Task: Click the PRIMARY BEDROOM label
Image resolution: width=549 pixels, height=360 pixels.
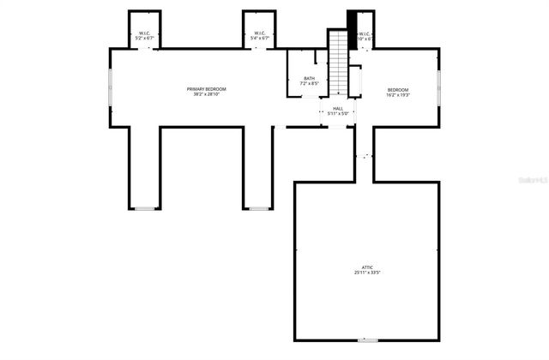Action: (207, 89)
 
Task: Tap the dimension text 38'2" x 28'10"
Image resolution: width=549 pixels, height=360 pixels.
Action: (207, 94)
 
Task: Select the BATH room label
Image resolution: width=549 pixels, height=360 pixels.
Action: (309, 78)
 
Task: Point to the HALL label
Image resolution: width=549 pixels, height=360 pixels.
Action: (337, 108)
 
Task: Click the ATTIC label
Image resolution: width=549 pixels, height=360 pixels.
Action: (366, 267)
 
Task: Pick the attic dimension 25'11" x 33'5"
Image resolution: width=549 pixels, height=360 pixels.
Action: (366, 273)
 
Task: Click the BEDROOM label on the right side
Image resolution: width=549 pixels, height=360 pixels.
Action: (397, 90)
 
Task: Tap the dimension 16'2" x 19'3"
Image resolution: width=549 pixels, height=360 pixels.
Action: (397, 95)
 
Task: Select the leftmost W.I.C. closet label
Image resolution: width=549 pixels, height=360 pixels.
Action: (145, 33)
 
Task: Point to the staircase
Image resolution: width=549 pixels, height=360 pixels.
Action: (339, 64)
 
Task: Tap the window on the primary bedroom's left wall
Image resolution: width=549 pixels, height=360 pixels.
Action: (110, 86)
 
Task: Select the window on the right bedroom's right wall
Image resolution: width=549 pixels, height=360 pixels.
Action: (439, 86)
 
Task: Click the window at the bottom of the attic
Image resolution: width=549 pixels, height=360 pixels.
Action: (367, 340)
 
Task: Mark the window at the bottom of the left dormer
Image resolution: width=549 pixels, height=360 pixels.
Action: (145, 208)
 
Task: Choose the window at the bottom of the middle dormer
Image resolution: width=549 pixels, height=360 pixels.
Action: (258, 208)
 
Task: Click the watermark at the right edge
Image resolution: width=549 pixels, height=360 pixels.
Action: (534, 181)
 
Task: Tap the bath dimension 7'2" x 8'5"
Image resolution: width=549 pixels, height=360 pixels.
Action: (309, 83)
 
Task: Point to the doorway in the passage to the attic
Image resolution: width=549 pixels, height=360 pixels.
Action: (365, 157)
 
